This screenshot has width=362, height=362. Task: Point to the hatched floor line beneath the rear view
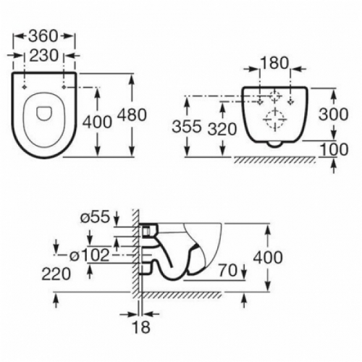click(275, 157)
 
